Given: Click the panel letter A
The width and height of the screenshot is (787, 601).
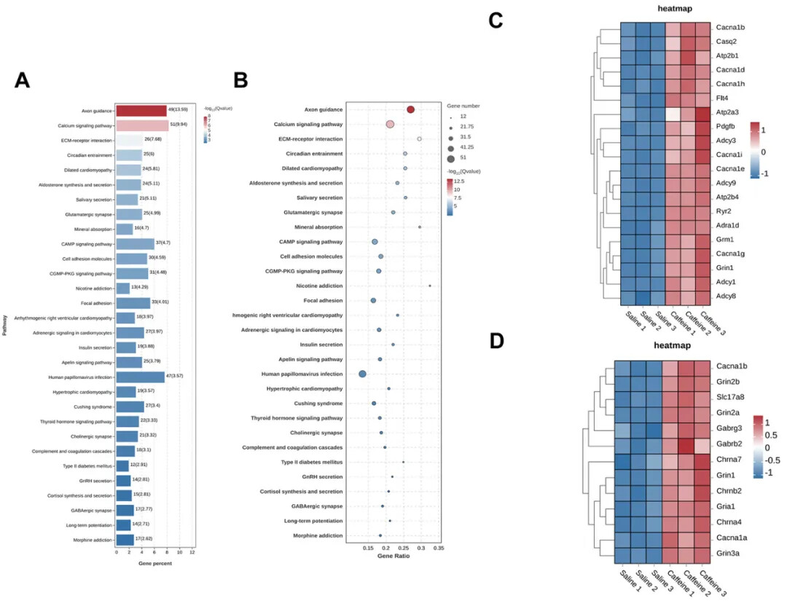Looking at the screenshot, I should pyautogui.click(x=23, y=81).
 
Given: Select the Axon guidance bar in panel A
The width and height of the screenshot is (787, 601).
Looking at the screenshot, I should pyautogui.click(x=141, y=111).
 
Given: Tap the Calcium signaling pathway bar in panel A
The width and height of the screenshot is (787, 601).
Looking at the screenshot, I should pyautogui.click(x=141, y=125).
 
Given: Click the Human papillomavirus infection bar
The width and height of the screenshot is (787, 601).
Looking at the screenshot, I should pyautogui.click(x=140, y=377).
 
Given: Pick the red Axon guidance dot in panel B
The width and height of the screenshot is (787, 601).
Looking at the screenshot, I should pyautogui.click(x=410, y=109).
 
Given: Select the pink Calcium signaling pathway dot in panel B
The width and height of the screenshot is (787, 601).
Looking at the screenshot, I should pyautogui.click(x=390, y=125).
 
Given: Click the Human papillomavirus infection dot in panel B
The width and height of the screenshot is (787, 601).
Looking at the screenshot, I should pyautogui.click(x=363, y=374).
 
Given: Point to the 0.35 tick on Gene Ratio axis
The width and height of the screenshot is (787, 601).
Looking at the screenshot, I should pyautogui.click(x=438, y=546).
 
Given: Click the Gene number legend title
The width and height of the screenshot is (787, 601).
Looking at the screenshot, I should pyautogui.click(x=464, y=106).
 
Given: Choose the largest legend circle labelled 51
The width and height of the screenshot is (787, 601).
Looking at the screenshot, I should pyautogui.click(x=451, y=158).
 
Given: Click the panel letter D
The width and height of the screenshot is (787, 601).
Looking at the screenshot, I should pyautogui.click(x=497, y=341).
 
